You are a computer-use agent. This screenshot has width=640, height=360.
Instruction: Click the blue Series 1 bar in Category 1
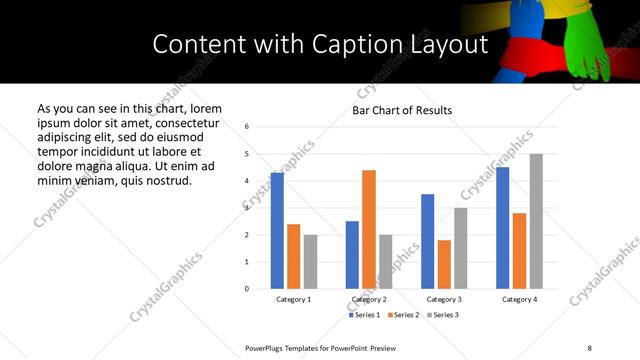tap(277, 231)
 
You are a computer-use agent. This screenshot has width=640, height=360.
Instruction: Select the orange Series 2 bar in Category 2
tap(369, 229)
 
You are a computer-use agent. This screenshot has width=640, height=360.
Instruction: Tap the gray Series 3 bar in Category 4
tap(536, 221)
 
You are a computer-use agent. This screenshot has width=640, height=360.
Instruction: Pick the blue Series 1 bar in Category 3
tap(427, 241)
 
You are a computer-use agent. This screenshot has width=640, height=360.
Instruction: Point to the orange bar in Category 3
tap(444, 264)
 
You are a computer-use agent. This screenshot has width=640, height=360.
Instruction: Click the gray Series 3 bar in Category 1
tap(310, 262)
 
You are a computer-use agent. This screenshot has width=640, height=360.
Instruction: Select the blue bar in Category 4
tap(502, 228)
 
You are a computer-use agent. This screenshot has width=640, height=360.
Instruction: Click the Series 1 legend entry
tap(365, 315)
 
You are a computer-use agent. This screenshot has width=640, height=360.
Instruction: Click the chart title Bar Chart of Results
tap(402, 110)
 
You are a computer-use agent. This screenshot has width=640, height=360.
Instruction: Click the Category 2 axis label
tap(369, 299)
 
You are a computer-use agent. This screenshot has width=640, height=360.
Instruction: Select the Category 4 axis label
tap(519, 299)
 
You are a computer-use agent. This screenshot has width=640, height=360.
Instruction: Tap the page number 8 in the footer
tap(589, 347)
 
